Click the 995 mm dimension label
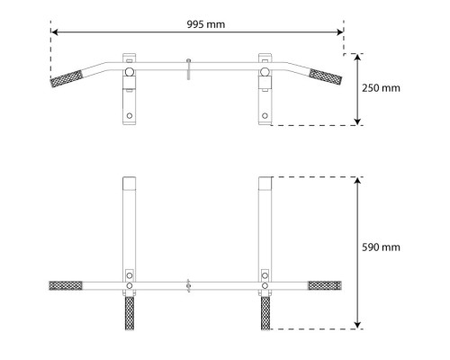click(206, 24)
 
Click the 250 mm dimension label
click(381, 88)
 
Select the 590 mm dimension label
click(381, 247)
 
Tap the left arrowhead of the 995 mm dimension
click(54, 32)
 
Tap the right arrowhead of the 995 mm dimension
click(340, 32)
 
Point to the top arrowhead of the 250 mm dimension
click(357, 58)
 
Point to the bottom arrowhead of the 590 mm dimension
click(357, 325)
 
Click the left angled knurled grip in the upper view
click(67, 78)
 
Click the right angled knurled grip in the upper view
click(326, 76)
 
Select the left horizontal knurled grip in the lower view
click(66, 285)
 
